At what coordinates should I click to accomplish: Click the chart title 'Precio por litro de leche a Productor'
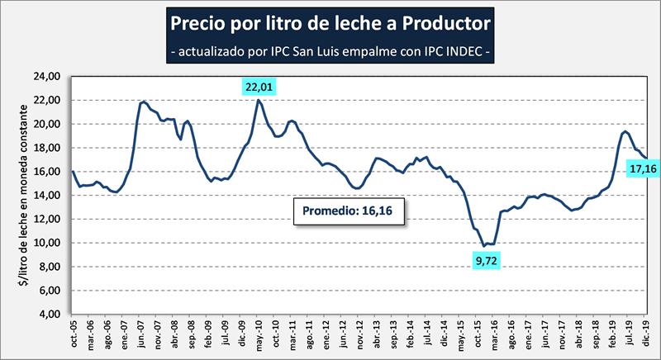(330, 18)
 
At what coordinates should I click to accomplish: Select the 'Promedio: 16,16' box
(350, 211)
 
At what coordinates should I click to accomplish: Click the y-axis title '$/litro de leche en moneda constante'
(20, 196)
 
